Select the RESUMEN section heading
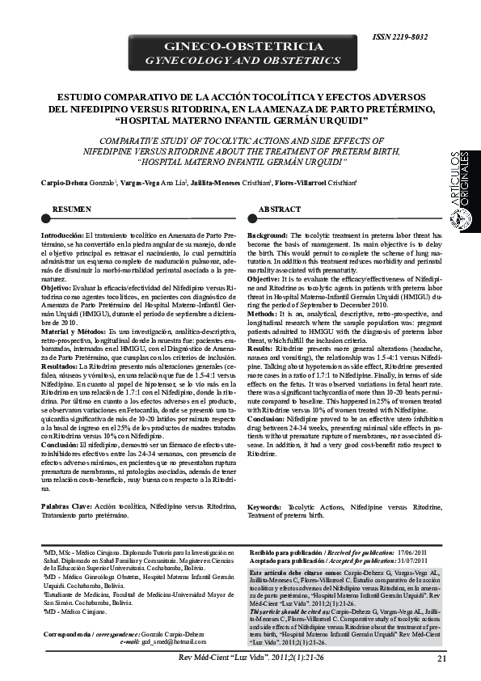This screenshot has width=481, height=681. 71,209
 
